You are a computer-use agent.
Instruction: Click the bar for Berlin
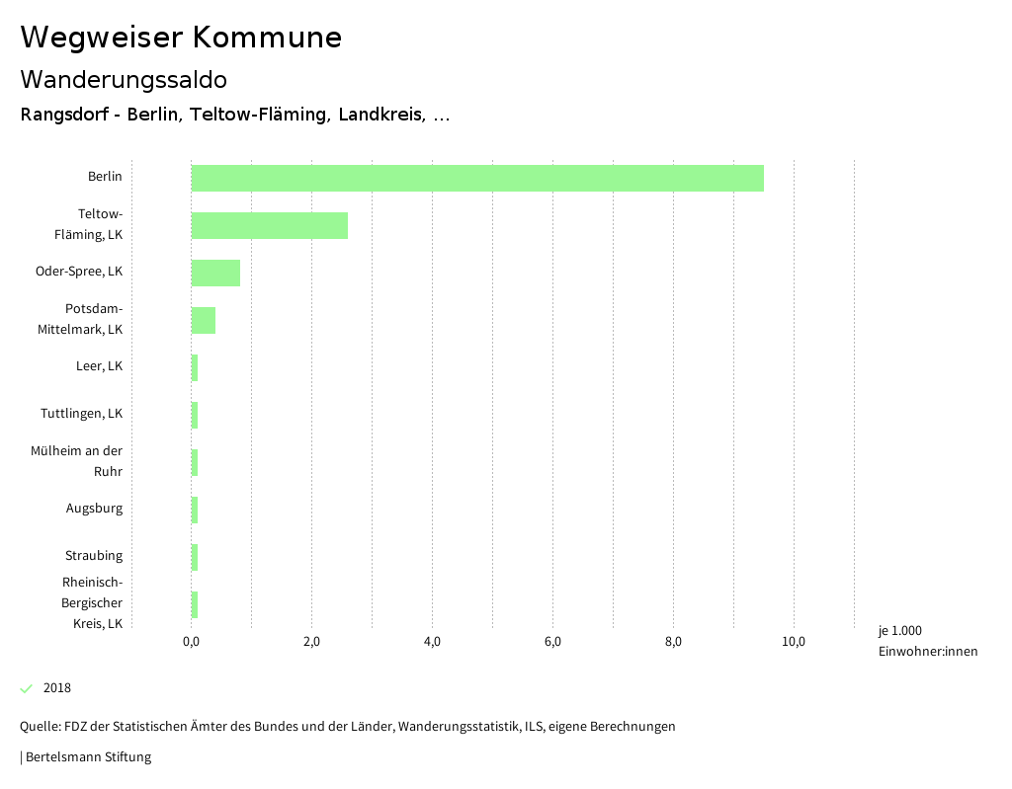point(477,178)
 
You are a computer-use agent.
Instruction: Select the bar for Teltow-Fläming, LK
point(269,225)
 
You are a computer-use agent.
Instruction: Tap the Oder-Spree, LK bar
point(215,273)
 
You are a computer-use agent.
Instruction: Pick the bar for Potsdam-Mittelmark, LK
point(203,320)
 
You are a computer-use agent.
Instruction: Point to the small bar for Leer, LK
point(195,367)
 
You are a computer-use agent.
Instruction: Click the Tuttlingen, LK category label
point(82,414)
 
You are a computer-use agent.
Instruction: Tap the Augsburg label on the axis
point(95,509)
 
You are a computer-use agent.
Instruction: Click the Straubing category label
point(94,556)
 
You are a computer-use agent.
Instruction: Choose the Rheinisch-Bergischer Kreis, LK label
point(92,602)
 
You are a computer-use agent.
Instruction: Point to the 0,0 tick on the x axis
point(191,642)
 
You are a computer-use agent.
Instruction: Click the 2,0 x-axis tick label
point(311,642)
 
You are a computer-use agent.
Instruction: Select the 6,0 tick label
point(552,642)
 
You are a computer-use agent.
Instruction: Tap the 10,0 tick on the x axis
point(794,642)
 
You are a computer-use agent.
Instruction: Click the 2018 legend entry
point(56,688)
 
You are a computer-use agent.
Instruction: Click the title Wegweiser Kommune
point(181,38)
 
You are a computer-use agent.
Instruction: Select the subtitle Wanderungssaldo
point(124,79)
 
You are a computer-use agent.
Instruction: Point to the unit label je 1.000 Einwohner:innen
point(927,641)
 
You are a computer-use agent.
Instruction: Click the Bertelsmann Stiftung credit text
point(88,757)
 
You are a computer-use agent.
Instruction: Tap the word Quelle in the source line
point(39,727)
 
